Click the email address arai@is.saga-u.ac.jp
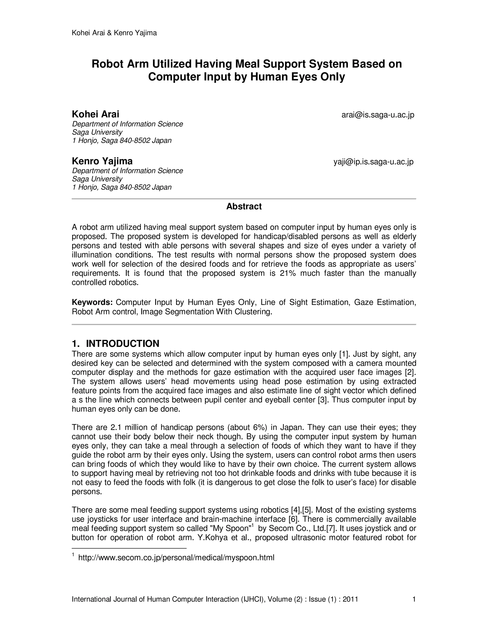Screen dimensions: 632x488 [378, 115]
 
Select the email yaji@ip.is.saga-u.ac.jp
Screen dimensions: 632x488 [374, 162]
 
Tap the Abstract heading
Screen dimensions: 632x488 [244, 206]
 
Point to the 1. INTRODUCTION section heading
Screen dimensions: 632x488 [115, 343]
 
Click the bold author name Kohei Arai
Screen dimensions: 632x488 [95, 114]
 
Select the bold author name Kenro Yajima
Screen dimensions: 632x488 [102, 161]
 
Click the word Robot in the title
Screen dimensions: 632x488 [107, 64]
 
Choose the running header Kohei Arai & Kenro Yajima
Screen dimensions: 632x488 [114, 33]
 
